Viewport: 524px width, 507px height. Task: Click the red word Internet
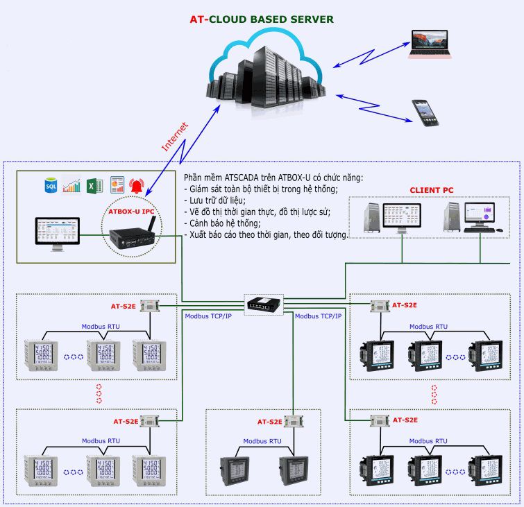pos(174,137)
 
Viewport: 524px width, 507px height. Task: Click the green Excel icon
pos(95,186)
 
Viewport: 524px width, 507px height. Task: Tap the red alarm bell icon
pos(136,186)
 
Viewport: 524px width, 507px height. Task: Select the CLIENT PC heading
pos(431,189)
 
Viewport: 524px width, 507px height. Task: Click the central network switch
pos(264,303)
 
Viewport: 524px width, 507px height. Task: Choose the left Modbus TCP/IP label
pos(208,316)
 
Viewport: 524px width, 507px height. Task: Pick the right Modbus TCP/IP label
pos(318,316)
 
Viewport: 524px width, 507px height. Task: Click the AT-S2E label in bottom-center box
pos(269,421)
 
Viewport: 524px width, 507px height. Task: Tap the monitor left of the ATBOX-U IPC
pos(57,234)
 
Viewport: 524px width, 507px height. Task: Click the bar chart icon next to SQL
pos(72,186)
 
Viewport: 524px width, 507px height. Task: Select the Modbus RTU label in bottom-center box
pos(262,441)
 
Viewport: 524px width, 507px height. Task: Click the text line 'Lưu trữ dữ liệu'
pos(219,200)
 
